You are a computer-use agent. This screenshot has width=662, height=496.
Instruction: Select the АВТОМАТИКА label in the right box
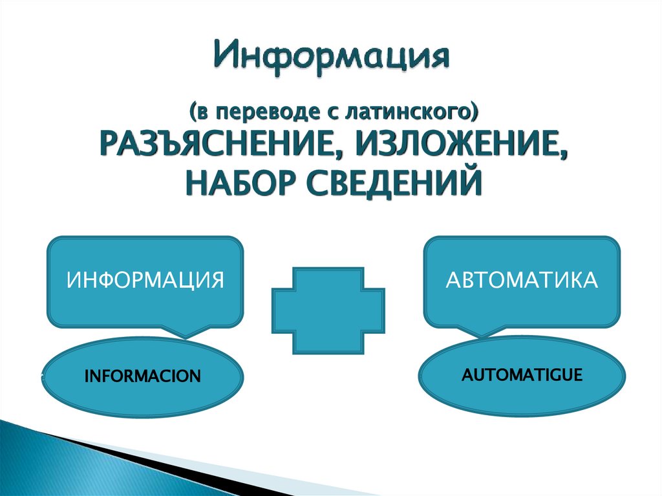click(521, 281)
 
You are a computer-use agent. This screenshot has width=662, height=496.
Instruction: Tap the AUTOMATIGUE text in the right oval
click(522, 374)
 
